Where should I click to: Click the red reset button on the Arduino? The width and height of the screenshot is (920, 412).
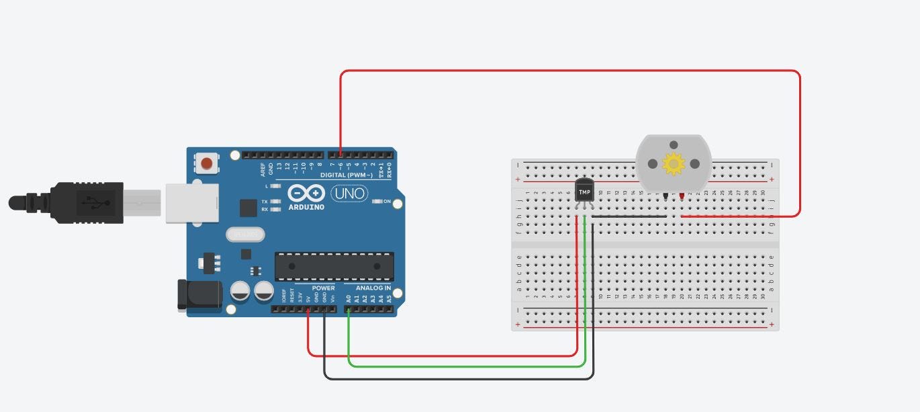207,163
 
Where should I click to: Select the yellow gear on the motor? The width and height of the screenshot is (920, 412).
673,163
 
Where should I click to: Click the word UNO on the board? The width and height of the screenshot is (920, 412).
349,194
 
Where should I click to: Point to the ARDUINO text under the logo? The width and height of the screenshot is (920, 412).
307,207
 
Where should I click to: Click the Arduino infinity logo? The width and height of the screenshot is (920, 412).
307,194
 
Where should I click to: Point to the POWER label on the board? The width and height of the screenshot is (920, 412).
323,288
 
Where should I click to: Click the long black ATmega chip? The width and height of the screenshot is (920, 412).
334,266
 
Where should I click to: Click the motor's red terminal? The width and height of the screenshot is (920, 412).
682,196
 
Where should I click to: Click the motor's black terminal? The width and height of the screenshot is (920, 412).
665,196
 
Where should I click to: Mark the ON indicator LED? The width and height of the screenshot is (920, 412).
377,201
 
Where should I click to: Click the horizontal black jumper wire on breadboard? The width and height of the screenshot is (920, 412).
629,216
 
